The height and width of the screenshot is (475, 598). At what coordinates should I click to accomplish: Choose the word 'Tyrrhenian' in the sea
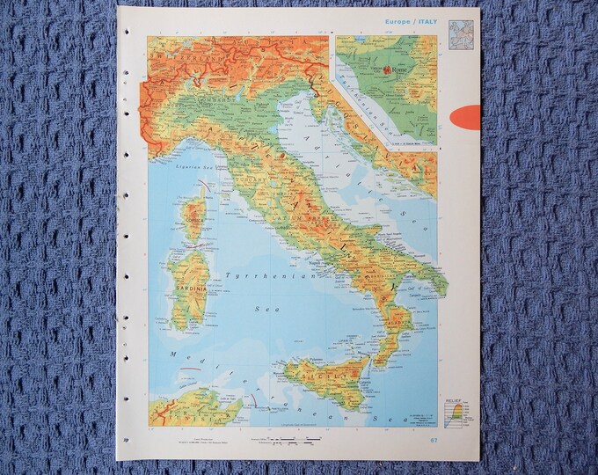point(256,276)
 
